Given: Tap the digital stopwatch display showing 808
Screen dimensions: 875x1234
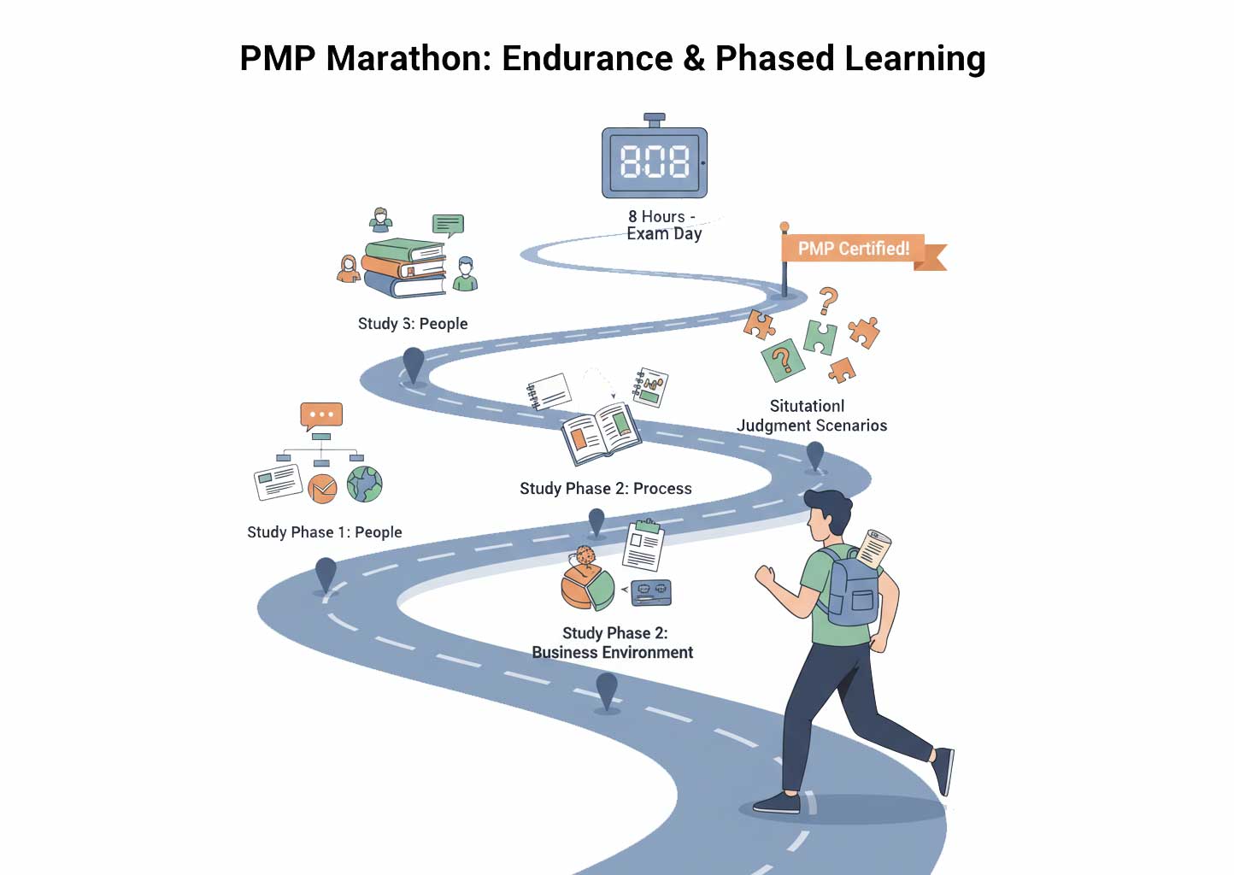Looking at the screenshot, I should (655, 161).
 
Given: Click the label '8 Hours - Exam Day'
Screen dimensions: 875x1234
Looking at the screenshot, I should (664, 225).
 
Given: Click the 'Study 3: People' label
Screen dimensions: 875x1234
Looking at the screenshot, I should (413, 324).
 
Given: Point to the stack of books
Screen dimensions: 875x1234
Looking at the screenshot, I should (404, 268).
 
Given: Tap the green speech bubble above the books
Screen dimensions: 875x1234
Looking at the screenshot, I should (448, 226).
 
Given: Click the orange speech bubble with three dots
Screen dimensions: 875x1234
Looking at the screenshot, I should (321, 415).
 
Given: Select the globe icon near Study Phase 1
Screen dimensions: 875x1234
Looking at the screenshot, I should (365, 484).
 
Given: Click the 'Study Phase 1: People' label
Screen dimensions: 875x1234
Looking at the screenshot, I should (324, 532).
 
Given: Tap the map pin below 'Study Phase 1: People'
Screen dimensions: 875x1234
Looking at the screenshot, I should (326, 574).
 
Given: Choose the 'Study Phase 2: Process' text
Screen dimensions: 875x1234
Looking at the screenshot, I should (605, 489).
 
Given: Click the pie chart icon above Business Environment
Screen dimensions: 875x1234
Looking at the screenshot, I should (587, 587).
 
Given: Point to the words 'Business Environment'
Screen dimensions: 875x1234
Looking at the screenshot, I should (612, 653).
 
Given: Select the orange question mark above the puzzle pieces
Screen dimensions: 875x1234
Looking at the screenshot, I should (828, 301).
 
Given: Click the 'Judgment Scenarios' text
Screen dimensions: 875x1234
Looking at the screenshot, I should (812, 426).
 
